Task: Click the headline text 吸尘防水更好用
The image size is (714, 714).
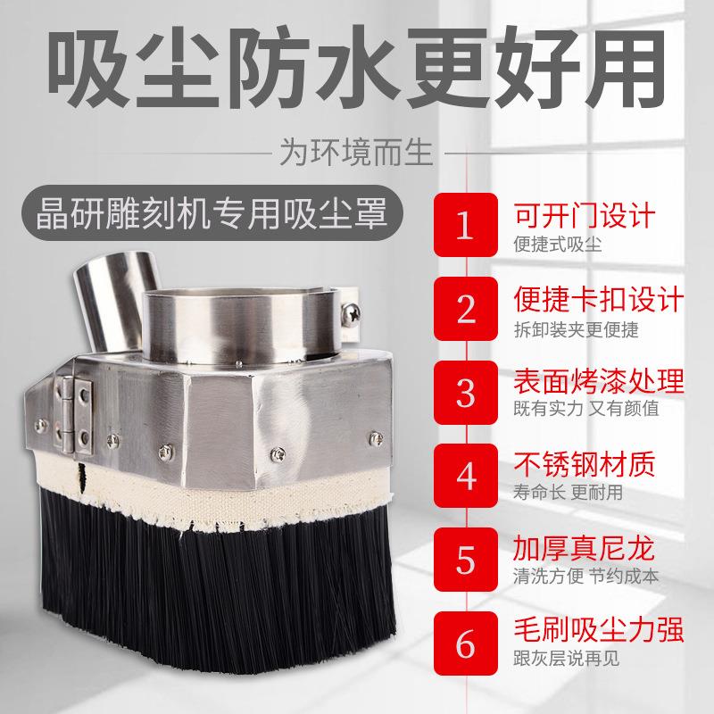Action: [357, 60]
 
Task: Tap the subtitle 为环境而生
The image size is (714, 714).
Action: [356, 149]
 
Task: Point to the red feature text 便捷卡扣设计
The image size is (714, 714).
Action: [599, 298]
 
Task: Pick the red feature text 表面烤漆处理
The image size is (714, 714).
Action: [599, 382]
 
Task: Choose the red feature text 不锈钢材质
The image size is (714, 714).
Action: [585, 465]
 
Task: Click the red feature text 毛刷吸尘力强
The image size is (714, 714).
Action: [599, 632]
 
